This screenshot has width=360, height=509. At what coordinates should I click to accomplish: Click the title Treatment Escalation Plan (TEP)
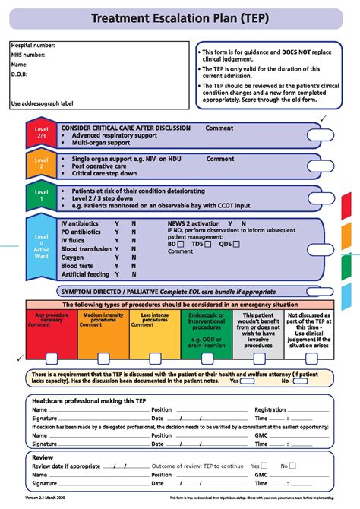[180, 17]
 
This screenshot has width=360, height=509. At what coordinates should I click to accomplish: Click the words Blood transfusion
[86, 249]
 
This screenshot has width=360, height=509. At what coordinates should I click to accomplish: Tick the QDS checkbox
[236, 245]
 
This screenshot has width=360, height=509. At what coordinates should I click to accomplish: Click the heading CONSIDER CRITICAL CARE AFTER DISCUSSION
[125, 128]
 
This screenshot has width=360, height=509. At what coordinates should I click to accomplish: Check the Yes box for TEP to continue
[264, 466]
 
